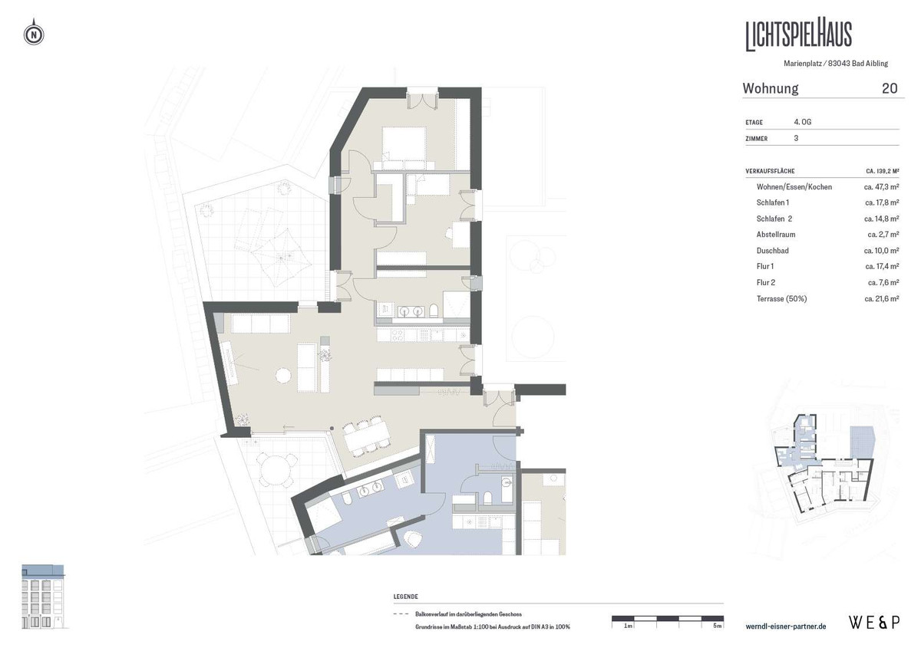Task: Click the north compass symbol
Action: tap(35, 35)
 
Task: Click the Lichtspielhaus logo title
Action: tap(798, 35)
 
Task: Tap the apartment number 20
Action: tap(890, 88)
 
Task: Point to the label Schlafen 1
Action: tap(772, 202)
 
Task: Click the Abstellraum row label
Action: tap(777, 235)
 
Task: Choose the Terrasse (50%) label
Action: tap(782, 298)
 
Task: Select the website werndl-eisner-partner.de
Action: tap(786, 626)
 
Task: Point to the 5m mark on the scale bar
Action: tap(717, 626)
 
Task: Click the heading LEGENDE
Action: tap(405, 597)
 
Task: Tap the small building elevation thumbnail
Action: tap(44, 597)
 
